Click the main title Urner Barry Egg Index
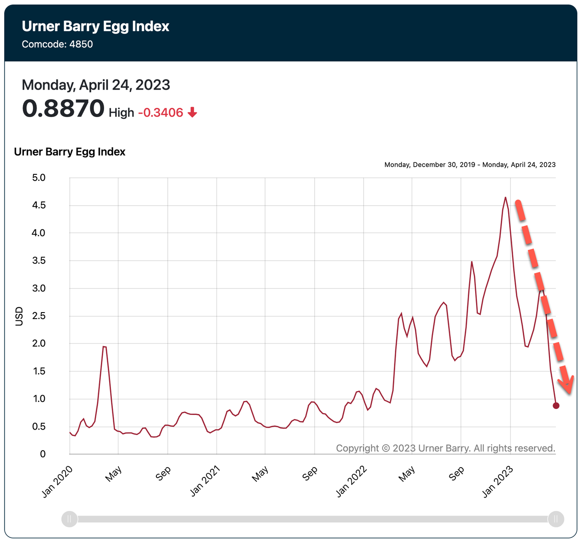coord(95,27)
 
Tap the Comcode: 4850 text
coord(57,45)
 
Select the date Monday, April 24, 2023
coord(96,85)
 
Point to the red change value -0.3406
coord(161,112)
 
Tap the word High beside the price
coord(122,112)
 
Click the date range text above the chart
coord(470,164)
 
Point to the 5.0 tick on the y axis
coord(39,178)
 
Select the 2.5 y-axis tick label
coord(39,316)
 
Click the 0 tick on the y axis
coord(43,454)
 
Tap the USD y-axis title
coord(19,317)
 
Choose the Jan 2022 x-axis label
coord(351,481)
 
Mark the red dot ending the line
coord(556,406)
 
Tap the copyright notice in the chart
coord(445,448)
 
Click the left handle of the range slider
coord(70,519)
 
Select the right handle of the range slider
coord(556,519)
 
